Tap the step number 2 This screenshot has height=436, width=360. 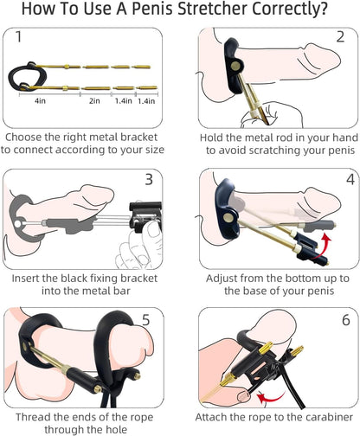pyautogui.click(x=339, y=40)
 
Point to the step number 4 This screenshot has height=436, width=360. pyautogui.click(x=339, y=180)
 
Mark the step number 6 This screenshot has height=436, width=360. pyautogui.click(x=339, y=320)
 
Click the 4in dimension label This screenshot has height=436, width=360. pyautogui.click(x=40, y=101)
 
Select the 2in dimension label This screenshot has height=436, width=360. pyautogui.click(x=94, y=101)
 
